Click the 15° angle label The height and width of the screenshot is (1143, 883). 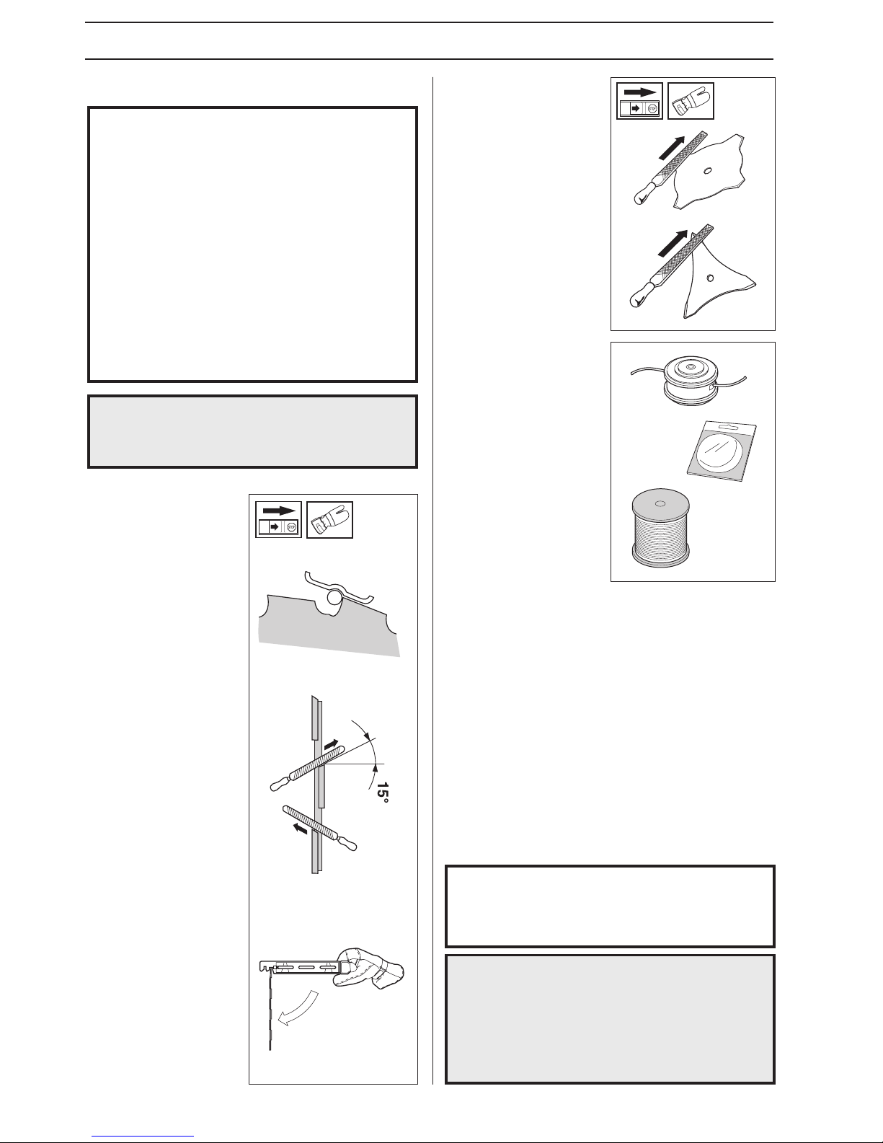383,793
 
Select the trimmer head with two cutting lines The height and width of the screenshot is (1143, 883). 688,381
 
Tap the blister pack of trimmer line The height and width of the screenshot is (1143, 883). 722,451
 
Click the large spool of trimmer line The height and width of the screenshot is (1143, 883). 661,527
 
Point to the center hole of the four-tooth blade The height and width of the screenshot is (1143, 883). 707,170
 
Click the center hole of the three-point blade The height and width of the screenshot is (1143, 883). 711,277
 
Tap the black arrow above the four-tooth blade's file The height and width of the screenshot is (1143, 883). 673,147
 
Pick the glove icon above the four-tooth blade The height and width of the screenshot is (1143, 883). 691,100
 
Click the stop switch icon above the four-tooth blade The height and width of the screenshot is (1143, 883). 639,100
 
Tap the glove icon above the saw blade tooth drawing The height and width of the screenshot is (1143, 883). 329,520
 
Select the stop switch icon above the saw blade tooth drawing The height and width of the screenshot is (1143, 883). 278,520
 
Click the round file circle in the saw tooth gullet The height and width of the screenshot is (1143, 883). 333,598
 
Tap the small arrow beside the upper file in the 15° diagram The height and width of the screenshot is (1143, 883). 332,744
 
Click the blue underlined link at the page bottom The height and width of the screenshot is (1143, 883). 143,1134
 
